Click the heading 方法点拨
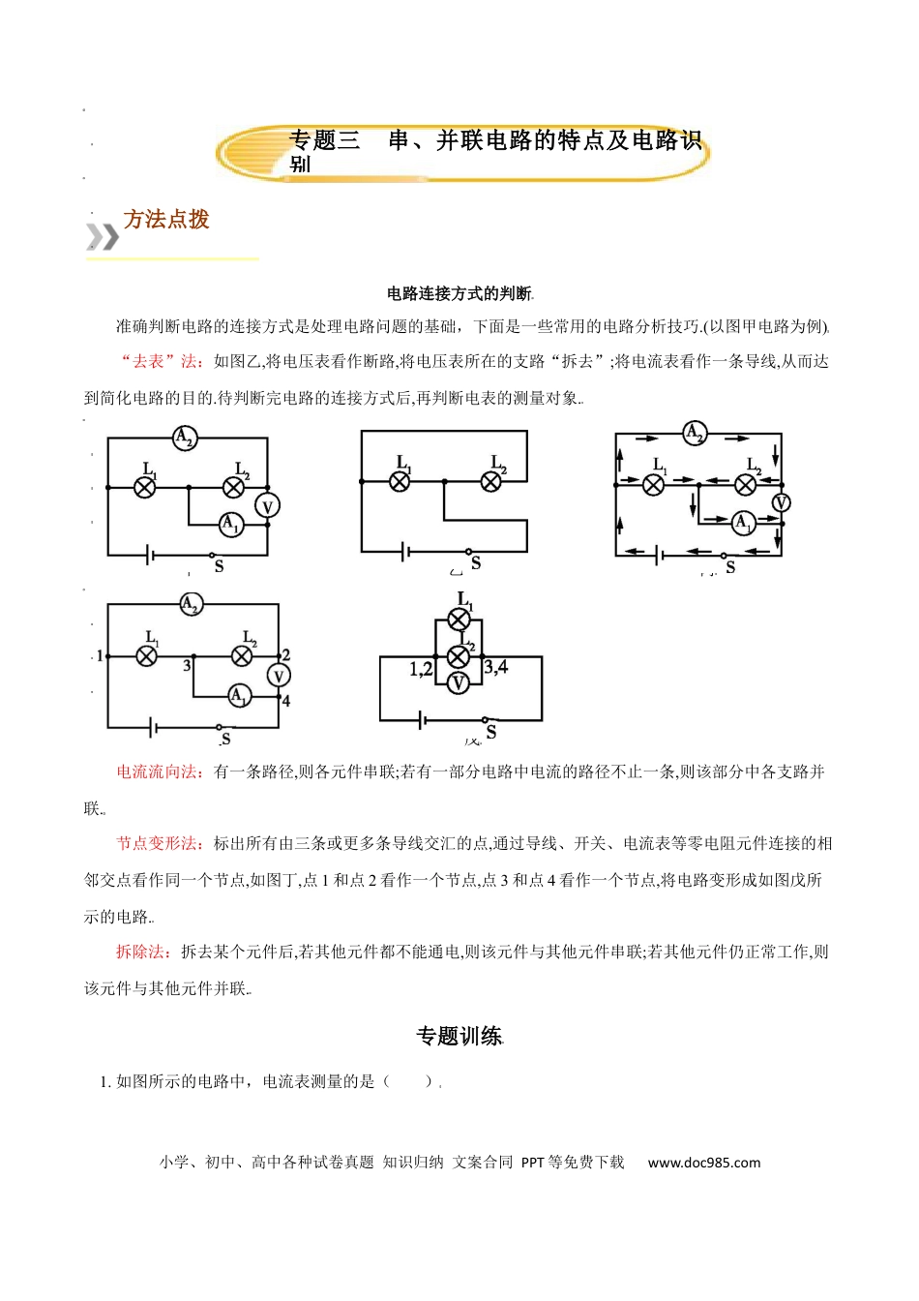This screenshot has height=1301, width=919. coord(166,220)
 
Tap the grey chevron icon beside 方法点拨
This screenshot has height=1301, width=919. coord(103,236)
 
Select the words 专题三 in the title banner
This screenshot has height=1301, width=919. coord(324,141)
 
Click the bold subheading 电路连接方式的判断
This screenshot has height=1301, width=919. coord(459,293)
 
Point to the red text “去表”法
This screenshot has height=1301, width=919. coord(161,361)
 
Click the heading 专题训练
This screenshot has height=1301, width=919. coord(459,1037)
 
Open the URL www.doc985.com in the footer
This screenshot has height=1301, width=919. coord(704,1163)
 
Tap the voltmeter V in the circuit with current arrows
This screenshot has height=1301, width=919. coord(781,502)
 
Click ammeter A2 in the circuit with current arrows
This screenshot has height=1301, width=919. coord(694,433)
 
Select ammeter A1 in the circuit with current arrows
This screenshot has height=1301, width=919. coord(742,523)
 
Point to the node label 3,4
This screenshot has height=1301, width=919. coord(496,667)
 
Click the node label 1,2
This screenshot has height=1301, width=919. coord(421,669)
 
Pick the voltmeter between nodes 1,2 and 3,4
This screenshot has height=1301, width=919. coord(459,683)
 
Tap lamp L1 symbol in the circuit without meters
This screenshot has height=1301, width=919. coord(400,480)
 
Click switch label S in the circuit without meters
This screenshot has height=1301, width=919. coord(476,562)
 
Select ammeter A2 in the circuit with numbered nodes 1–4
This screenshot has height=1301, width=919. coord(191,605)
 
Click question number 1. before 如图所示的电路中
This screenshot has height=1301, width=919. coord(105,1081)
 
